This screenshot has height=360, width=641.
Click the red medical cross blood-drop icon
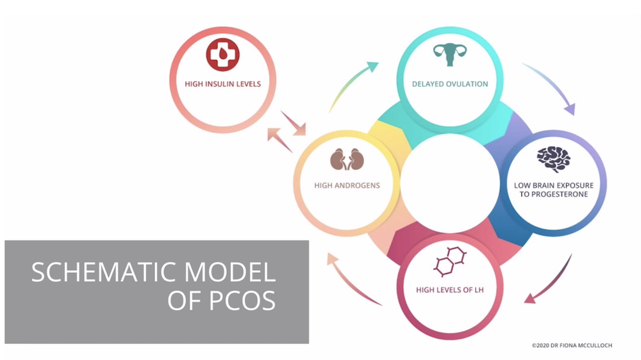tap(222, 55)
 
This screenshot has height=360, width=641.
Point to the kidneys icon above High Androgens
tap(347, 160)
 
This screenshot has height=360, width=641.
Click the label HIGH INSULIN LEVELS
tap(222, 84)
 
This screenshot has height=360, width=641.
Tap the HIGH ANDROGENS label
tap(347, 186)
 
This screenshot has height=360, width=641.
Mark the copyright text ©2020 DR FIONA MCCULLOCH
tap(572, 345)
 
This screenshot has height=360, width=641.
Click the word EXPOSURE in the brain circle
tap(574, 186)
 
